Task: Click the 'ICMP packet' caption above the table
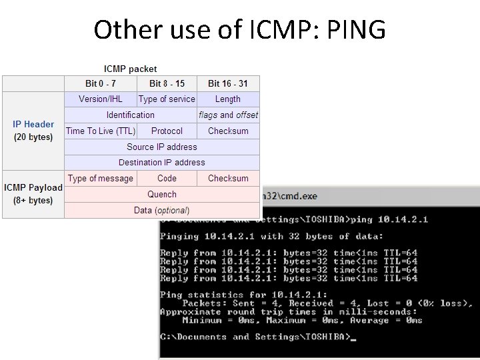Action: pos(131,69)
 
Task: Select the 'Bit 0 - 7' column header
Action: pos(101,83)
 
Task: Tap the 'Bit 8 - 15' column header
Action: pos(167,83)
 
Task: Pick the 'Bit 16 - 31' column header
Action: pos(228,83)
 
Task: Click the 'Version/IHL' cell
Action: pos(101,99)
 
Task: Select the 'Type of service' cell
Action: pos(167,99)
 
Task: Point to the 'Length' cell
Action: pos(228,99)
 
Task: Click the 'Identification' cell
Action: pos(131,115)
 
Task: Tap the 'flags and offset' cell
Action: pos(228,115)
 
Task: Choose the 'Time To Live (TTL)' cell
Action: pos(101,131)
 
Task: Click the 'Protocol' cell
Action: pos(167,131)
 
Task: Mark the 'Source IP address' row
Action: pos(162,147)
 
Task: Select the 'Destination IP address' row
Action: pos(162,162)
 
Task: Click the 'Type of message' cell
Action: pos(101,178)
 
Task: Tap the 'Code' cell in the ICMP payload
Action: pos(167,178)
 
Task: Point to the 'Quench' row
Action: pos(162,194)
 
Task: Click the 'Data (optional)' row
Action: pos(162,210)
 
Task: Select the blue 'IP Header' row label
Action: pos(33,124)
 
